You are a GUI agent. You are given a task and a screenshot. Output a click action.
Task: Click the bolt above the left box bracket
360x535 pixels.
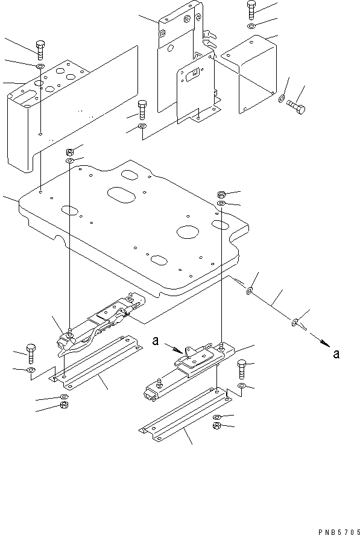pyautogui.click(x=40, y=49)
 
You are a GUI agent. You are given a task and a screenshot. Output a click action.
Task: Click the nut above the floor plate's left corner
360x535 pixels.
pyautogui.click(x=70, y=151)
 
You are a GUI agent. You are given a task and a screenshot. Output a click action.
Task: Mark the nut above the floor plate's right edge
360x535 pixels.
pyautogui.click(x=221, y=195)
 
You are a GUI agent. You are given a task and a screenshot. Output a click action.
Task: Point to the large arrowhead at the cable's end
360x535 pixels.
pyautogui.click(x=325, y=342)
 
